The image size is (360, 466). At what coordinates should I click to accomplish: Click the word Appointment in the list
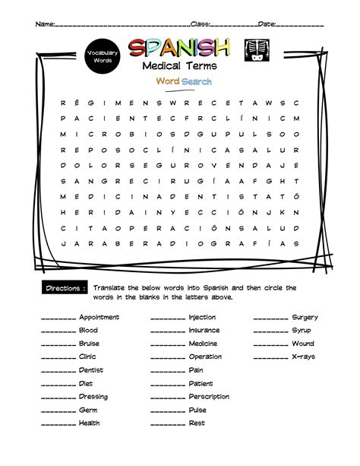99,317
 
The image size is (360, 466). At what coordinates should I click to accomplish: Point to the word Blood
88,331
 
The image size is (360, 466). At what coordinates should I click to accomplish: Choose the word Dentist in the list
91,370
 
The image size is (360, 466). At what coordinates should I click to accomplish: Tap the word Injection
202,317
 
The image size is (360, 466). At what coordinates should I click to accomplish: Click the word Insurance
204,331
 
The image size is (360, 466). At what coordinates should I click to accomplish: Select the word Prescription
209,397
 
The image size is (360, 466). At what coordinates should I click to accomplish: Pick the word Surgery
305,317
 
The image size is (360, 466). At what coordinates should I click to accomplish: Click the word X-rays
303,357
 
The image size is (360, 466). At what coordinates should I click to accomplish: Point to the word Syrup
302,331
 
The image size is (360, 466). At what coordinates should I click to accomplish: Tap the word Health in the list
89,423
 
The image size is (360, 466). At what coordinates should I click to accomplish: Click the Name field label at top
45,24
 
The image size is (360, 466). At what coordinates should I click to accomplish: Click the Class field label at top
201,24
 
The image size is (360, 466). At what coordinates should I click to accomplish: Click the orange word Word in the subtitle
168,81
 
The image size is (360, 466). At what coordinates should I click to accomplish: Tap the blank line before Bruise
58,345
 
